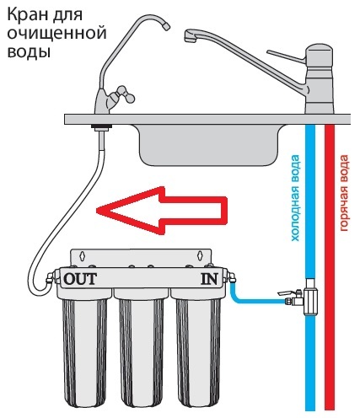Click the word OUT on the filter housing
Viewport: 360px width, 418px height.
coord(80,279)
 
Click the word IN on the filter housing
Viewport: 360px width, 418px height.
coord(209,279)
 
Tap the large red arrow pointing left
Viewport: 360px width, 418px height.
coord(162,210)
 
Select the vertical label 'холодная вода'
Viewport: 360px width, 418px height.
coord(295,198)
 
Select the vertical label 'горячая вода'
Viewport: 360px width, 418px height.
coord(344,193)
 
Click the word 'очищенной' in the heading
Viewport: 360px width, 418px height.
coord(56,34)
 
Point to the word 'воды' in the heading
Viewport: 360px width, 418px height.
coord(29,52)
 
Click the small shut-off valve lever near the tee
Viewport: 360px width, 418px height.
coord(285,293)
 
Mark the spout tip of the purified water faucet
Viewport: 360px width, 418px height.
coord(166,27)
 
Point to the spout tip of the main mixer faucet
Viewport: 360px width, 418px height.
coord(190,37)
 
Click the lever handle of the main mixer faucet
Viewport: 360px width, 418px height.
coord(286,56)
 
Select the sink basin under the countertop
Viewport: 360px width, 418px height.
coord(209,146)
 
